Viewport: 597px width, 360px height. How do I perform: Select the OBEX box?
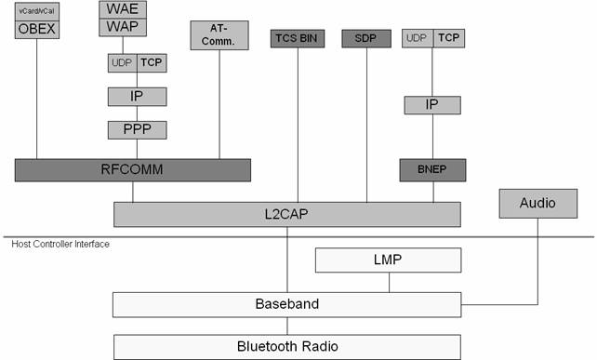pos(37,28)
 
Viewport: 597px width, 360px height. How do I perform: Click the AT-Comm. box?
pos(219,35)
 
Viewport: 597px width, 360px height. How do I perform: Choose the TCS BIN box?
pos(298,38)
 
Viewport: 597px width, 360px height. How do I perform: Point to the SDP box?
pos(366,38)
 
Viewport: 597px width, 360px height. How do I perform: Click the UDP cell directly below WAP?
pos(122,63)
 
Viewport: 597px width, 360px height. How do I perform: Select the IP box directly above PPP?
pos(137,97)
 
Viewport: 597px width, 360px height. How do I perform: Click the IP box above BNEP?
pos(431,104)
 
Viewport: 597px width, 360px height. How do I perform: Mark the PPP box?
pos(137,128)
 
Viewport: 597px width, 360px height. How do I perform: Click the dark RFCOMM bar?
pos(132,169)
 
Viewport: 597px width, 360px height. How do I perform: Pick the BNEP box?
pos(431,170)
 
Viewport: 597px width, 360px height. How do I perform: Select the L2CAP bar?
pos(287,214)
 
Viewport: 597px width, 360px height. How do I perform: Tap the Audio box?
pos(537,201)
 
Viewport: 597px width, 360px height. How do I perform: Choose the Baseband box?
pos(286,303)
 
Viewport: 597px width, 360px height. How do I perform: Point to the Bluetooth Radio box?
pos(286,346)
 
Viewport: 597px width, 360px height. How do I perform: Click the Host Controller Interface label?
pos(60,244)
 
